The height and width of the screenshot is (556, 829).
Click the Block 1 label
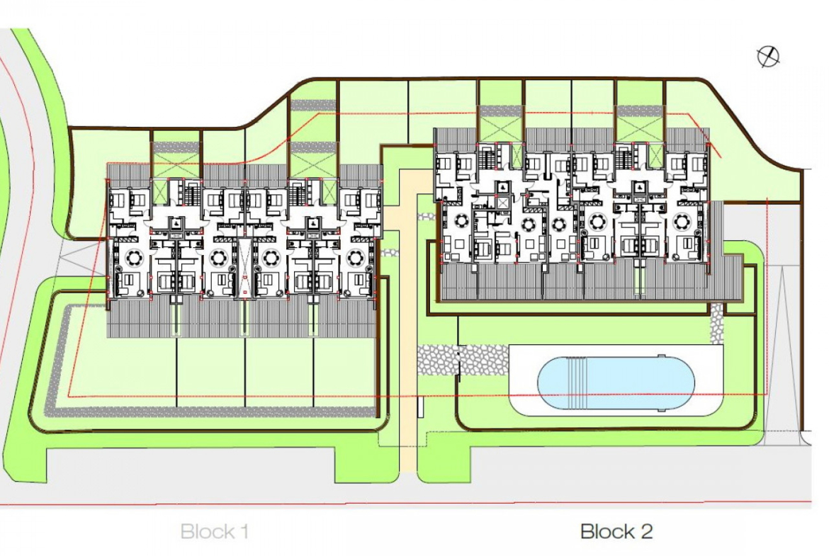214,531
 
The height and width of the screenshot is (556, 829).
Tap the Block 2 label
616,531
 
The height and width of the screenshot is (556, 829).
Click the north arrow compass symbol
767,57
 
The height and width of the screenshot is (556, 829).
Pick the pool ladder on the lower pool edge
660,409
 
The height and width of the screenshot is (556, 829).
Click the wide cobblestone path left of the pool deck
463,359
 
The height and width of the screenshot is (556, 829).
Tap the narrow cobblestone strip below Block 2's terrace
716,322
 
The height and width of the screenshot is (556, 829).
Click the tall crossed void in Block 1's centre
244,268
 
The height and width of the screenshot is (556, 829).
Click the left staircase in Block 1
191,192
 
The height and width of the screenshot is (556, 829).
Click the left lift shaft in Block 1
176,223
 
